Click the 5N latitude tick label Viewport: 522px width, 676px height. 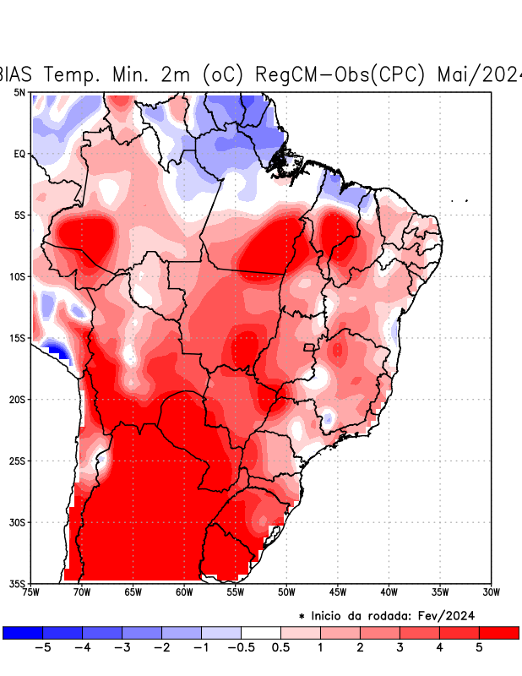coord(19,92)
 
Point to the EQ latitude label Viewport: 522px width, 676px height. coord(19,154)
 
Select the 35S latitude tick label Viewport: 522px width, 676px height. coord(17,583)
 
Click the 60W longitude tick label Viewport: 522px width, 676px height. coord(183,591)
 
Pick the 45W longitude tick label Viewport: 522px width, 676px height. coord(337,591)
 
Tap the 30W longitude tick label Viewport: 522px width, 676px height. coord(491,591)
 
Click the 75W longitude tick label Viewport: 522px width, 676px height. coord(30,591)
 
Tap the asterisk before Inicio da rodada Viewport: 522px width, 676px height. coord(302,617)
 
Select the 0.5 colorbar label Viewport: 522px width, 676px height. coord(280,647)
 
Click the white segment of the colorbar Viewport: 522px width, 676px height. coord(261,632)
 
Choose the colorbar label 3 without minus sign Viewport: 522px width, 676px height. coord(400,647)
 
